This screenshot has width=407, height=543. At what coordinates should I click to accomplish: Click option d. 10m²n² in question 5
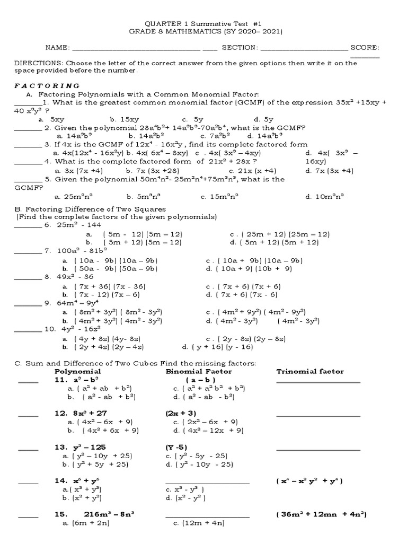tap(325, 196)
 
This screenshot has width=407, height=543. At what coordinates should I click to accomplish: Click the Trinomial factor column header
tap(310, 371)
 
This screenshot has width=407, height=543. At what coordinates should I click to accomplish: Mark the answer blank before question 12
tap(28, 414)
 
